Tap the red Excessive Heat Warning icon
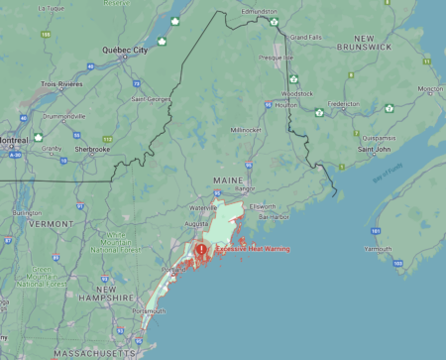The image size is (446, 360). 201,250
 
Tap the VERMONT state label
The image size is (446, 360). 50,224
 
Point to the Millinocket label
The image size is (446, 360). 247,130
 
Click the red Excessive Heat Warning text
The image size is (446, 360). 252,249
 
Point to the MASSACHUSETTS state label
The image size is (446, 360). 65,352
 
